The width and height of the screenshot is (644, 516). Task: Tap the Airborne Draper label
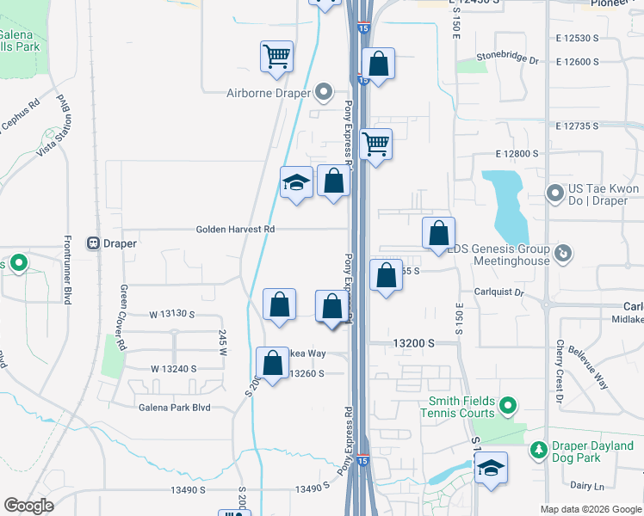(x=267, y=93)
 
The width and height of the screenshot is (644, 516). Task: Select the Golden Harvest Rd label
(x=235, y=230)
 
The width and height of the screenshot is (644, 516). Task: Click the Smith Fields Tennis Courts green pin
(x=508, y=403)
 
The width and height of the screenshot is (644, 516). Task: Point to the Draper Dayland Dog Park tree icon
(x=539, y=449)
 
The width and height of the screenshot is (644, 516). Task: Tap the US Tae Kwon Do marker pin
(x=554, y=192)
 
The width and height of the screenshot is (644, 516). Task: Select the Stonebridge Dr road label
(x=508, y=62)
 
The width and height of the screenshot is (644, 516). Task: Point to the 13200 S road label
(x=413, y=342)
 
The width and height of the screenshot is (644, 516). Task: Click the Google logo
(x=29, y=506)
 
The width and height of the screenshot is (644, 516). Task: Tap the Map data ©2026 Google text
(x=590, y=509)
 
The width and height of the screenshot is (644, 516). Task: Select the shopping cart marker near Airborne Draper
(x=277, y=57)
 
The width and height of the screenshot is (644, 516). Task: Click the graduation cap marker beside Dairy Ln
(x=491, y=469)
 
